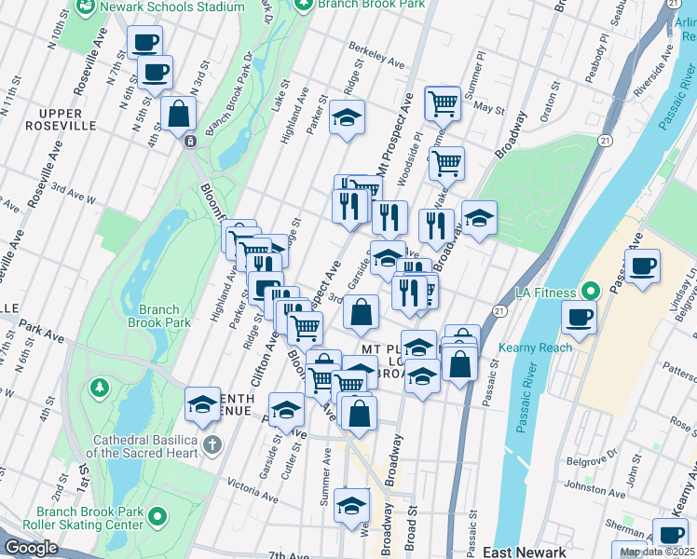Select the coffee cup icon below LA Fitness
(x=579, y=318)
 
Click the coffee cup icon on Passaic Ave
(x=642, y=266)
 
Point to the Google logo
(x=31, y=548)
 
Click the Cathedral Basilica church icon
(x=213, y=444)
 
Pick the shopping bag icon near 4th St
(x=178, y=115)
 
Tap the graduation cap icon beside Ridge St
(x=347, y=117)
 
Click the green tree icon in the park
(x=99, y=386)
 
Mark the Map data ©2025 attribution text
(x=657, y=552)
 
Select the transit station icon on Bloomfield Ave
(x=189, y=141)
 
